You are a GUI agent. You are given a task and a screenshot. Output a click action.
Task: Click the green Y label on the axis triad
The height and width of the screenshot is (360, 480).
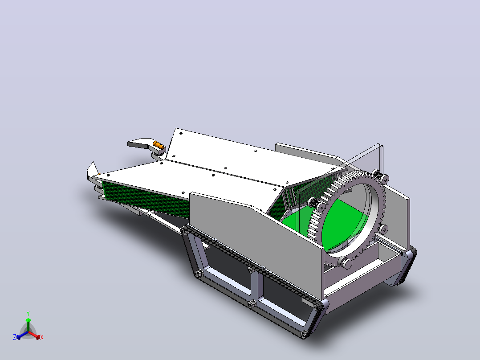coord(28,313)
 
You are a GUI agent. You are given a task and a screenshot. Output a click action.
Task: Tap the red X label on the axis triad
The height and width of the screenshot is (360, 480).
coord(42,337)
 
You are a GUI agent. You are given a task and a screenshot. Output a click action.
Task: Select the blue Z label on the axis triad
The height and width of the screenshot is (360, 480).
coord(15,337)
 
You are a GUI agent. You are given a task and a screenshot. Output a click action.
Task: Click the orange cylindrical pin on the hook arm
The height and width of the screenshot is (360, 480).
coord(158,145)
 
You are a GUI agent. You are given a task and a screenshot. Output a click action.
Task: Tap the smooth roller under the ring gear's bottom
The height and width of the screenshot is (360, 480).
coord(345,262)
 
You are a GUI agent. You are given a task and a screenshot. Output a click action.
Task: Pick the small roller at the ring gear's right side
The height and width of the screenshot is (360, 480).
coord(383,229)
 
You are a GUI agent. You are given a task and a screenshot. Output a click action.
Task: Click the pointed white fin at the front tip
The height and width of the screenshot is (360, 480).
coord(93,169)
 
